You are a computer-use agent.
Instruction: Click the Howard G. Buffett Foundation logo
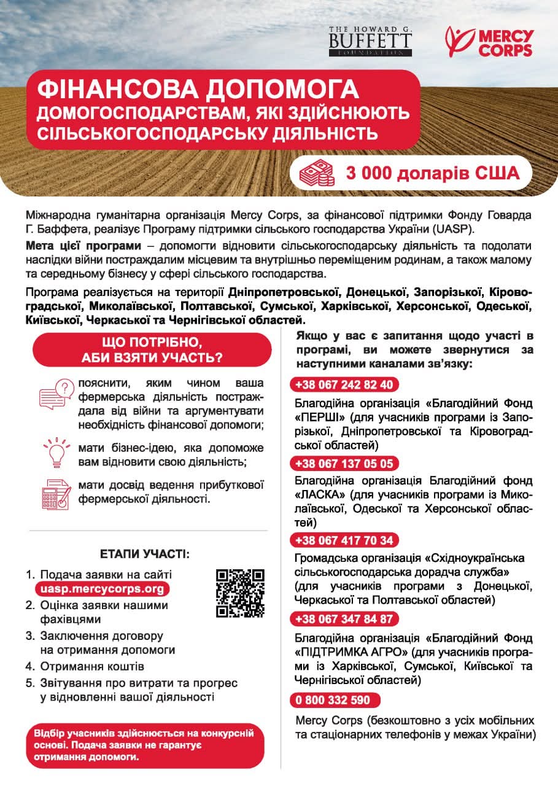[370, 41]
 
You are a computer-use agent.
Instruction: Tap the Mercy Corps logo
[489, 41]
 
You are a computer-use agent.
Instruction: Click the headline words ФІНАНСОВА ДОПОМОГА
[198, 90]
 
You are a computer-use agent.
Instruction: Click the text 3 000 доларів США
[432, 173]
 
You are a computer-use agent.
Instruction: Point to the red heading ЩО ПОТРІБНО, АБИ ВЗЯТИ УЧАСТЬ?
[152, 349]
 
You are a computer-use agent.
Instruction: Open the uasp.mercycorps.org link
[102, 589]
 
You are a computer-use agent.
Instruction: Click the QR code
[240, 593]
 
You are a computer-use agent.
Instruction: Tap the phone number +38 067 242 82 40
[344, 385]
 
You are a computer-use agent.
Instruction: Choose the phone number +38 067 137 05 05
[344, 463]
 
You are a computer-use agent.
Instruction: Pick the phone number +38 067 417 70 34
[344, 540]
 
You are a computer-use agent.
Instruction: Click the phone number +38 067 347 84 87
[344, 618]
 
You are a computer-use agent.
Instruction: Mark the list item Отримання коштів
[92, 666]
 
